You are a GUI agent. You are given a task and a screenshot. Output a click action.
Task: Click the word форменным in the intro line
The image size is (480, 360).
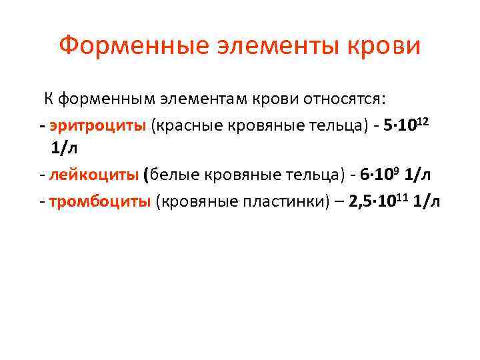click(106, 100)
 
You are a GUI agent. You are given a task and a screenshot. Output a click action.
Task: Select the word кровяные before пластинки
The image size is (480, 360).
click(193, 201)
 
